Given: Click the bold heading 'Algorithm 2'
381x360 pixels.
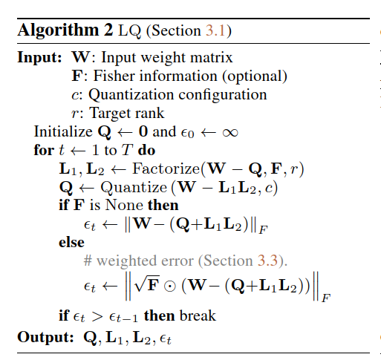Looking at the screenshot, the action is coord(65,31).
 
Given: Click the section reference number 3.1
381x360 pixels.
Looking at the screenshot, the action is coord(215,31).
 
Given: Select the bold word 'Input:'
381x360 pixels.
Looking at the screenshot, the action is coord(39,58).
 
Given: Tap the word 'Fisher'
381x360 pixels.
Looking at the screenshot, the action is coord(117,76).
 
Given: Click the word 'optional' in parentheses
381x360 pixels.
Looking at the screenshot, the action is coord(255,76).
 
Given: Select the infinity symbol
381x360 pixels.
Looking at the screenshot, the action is coord(230,133).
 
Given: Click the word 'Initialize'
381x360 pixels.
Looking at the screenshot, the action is coord(63,131).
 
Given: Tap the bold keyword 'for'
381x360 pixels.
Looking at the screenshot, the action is coord(44,150).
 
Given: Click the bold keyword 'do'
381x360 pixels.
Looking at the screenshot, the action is coord(146,150).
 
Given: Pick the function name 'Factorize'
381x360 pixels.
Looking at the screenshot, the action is coord(166,168).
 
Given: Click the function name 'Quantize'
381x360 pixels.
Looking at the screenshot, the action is coord(134,187).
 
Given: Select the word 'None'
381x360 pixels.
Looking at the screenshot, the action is coord(124,205).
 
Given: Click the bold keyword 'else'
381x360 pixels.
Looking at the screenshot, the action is coord(71,242).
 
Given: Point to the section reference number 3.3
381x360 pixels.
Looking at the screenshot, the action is coord(267,261).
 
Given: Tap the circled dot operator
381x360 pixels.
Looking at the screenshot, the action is coord(170,286).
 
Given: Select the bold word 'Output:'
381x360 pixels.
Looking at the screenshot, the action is coord(45,337).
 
